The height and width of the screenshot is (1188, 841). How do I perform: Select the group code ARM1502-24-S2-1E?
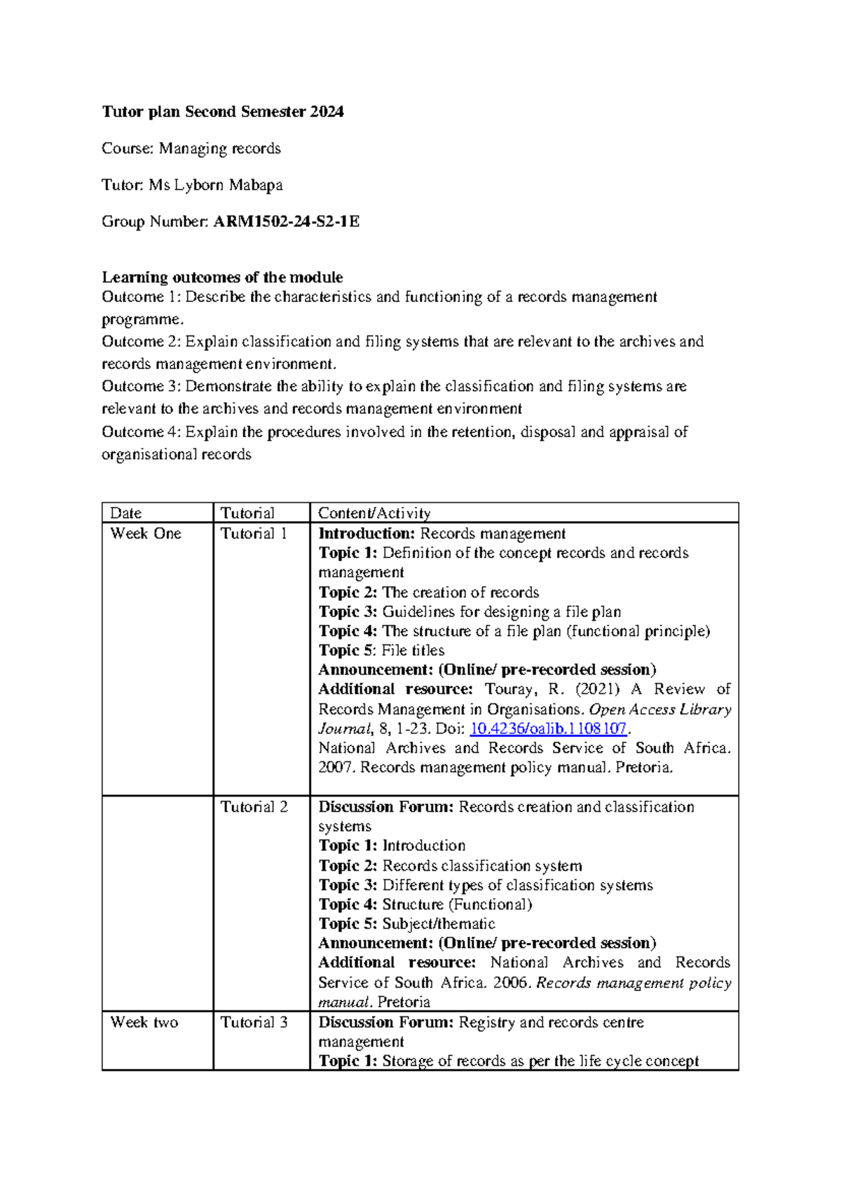click(x=286, y=222)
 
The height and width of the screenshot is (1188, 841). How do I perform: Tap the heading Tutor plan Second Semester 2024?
click(x=223, y=111)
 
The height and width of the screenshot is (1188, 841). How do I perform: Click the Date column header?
click(x=126, y=513)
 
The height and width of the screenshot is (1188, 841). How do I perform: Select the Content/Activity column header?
click(x=374, y=513)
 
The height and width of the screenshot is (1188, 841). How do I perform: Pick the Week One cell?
click(x=146, y=534)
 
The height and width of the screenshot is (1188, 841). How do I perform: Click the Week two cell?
click(x=144, y=1022)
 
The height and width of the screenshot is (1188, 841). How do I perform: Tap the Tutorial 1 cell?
click(x=254, y=534)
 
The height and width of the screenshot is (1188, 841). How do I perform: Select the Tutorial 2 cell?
click(x=254, y=807)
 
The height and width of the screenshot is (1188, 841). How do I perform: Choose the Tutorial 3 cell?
click(x=254, y=1022)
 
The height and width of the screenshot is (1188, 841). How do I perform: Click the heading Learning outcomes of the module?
click(x=222, y=277)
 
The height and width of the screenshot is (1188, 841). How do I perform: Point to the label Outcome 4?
click(x=141, y=431)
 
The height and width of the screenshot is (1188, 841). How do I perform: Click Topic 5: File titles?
click(x=381, y=650)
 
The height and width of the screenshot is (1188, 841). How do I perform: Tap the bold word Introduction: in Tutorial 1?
click(x=367, y=534)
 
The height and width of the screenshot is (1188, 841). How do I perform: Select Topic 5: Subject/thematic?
click(x=406, y=924)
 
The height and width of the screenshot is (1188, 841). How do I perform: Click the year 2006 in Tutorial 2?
click(x=512, y=983)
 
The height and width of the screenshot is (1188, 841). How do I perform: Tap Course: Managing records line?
click(x=191, y=148)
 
